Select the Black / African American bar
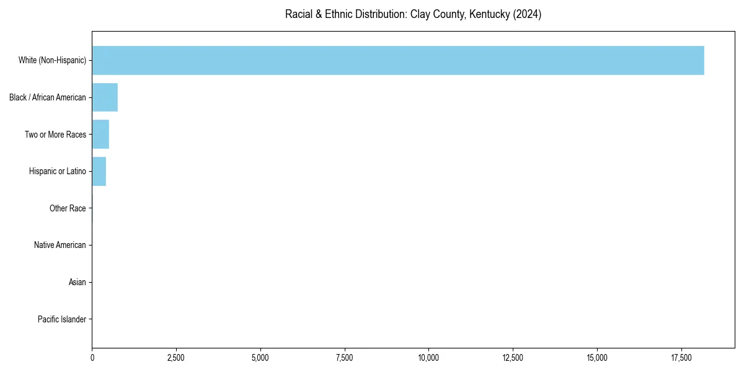point(105,97)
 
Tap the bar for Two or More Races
point(100,135)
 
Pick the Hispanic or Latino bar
point(99,171)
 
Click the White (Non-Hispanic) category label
point(52,60)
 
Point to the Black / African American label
point(48,97)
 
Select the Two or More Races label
point(55,135)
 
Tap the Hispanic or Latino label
point(58,171)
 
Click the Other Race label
point(68,208)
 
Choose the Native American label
point(60,245)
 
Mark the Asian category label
point(77,282)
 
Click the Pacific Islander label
point(62,319)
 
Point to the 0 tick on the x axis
point(92,358)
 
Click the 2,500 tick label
point(176,358)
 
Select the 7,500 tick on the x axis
point(345,358)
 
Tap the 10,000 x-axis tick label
point(428,358)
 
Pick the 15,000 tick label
point(597,358)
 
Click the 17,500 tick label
point(681,358)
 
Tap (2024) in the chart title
point(527,15)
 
